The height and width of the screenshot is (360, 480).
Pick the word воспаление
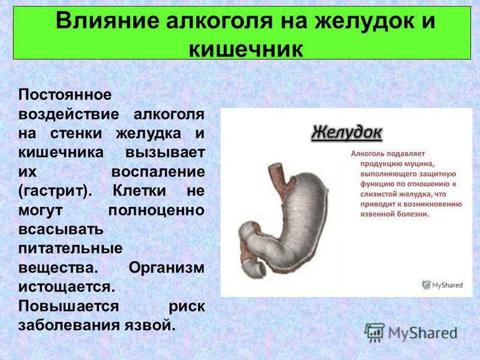coord(158,172)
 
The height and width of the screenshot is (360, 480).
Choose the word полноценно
coord(157,210)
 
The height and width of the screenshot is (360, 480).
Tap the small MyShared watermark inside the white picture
coord(443,285)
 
